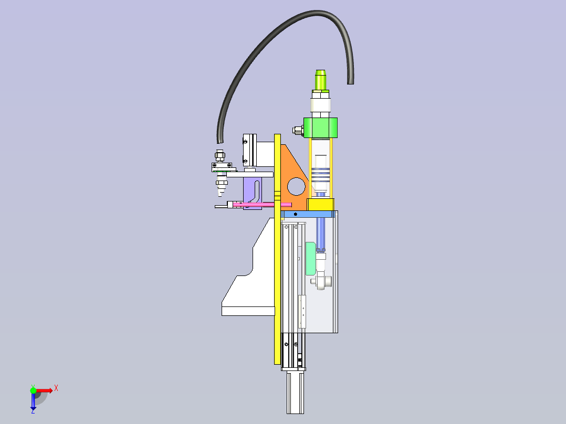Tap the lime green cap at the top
320,80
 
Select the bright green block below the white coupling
320,128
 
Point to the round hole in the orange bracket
296,187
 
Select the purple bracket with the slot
253,193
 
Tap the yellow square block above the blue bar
320,204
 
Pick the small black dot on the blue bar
296,214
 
